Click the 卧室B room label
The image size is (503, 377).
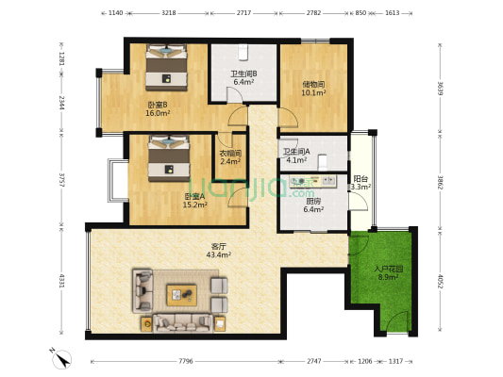point(157,104)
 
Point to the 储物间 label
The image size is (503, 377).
point(313,84)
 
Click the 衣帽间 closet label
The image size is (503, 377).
point(230,153)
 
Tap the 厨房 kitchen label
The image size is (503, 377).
point(312,201)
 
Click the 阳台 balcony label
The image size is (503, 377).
point(360,178)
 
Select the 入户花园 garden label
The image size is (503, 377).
point(389,269)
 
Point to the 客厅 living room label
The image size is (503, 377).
point(219,247)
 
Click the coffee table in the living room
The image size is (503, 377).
point(183,295)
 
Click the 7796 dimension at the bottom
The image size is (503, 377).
point(185,361)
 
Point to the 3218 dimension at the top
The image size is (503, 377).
point(169,14)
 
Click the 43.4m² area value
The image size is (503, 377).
point(219,255)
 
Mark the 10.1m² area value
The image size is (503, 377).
point(313,92)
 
